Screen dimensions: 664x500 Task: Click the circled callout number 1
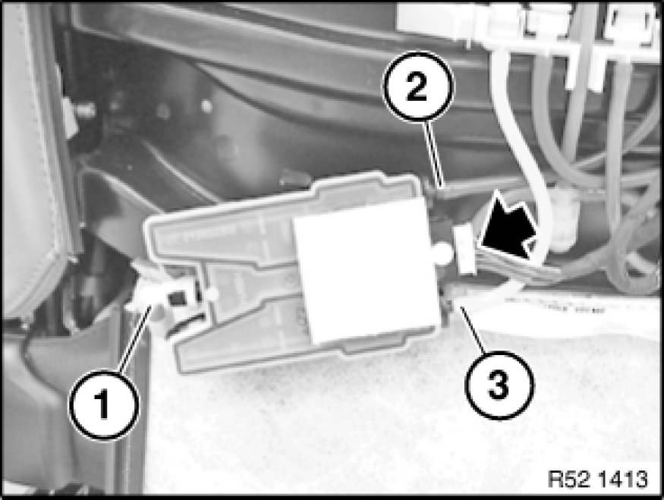104,404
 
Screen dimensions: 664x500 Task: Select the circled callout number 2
418,86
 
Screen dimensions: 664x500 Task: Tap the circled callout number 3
499,385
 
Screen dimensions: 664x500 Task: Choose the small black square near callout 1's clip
177,299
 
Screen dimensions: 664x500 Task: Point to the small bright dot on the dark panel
206,106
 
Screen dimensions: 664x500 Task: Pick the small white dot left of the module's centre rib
212,294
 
